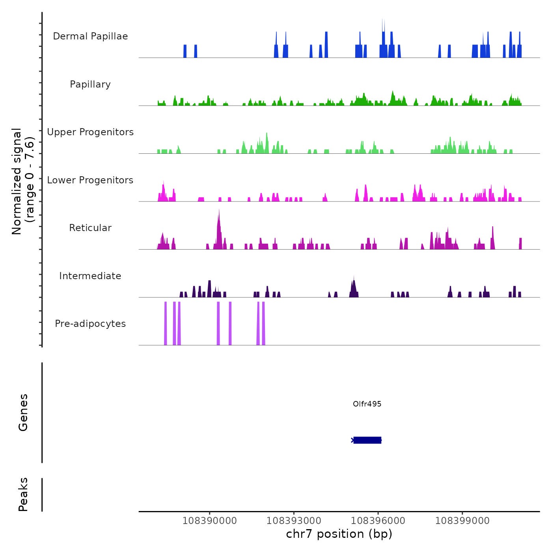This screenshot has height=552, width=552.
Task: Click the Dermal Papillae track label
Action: pyautogui.click(x=90, y=36)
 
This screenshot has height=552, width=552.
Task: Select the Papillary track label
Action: pyautogui.click(x=90, y=84)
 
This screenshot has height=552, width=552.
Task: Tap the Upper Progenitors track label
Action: pyautogui.click(x=90, y=132)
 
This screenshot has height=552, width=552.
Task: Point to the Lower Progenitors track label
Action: pyautogui.click(x=90, y=180)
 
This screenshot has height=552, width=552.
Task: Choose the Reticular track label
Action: pyautogui.click(x=90, y=228)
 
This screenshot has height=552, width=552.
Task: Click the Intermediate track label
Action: pyautogui.click(x=90, y=276)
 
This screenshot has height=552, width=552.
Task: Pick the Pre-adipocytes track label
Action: pyautogui.click(x=90, y=324)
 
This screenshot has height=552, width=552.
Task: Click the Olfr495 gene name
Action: pyautogui.click(x=367, y=404)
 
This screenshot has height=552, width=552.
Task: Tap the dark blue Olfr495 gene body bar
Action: pyautogui.click(x=367, y=440)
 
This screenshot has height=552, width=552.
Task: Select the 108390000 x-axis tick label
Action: pyautogui.click(x=209, y=521)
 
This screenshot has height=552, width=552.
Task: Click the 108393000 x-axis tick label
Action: pyautogui.click(x=294, y=521)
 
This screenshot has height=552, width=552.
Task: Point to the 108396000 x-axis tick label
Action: pyautogui.click(x=378, y=521)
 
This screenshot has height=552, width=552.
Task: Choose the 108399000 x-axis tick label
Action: pyautogui.click(x=462, y=521)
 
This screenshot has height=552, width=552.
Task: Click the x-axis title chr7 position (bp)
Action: pyautogui.click(x=339, y=534)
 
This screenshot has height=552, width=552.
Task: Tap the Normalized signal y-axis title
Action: pyautogui.click(x=23, y=181)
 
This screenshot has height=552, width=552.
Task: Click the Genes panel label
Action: pyautogui.click(x=23, y=412)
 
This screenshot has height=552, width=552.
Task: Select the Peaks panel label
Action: pyautogui.click(x=23, y=494)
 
